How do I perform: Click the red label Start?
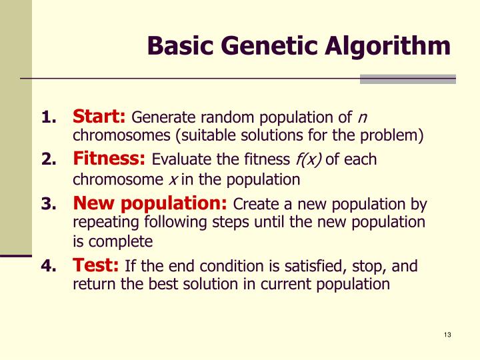pyautogui.click(x=99, y=117)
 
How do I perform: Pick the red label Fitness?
pyautogui.click(x=109, y=159)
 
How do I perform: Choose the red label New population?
pyautogui.click(x=150, y=203)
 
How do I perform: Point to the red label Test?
pyautogui.click(x=96, y=266)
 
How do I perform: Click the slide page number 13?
pyautogui.click(x=447, y=335)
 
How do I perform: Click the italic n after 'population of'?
pyautogui.click(x=362, y=119)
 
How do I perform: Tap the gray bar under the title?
pyautogui.click(x=407, y=79)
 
